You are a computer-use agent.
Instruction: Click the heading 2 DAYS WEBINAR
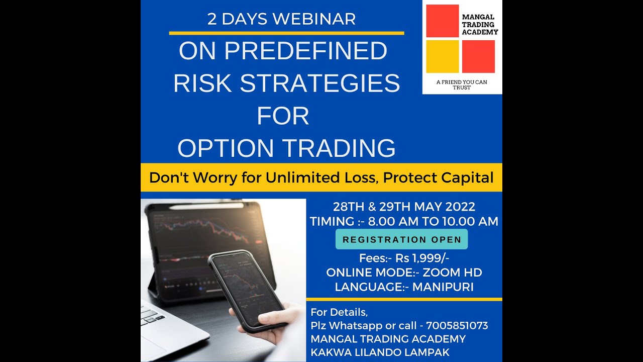(281, 19)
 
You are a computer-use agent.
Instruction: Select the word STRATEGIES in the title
(319, 83)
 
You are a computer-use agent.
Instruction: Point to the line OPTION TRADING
(286, 148)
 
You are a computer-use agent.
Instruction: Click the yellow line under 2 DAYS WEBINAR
(286, 33)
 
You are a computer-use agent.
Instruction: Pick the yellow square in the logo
(442, 56)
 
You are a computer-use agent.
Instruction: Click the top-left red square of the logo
(442, 21)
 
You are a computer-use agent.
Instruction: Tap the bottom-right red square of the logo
(478, 56)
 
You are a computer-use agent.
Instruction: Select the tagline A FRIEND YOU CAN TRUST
(461, 84)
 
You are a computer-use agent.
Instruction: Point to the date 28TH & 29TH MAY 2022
(404, 207)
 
